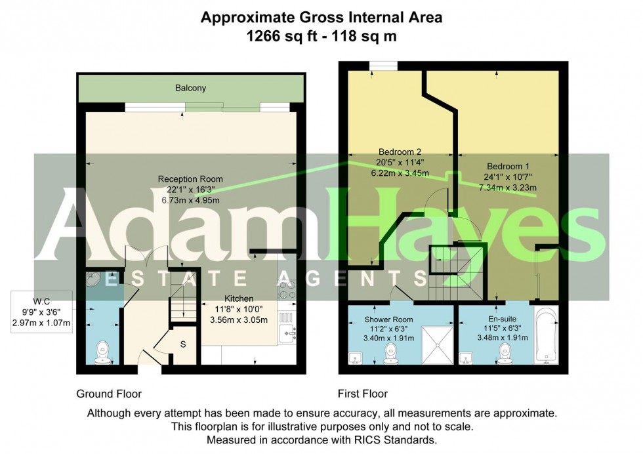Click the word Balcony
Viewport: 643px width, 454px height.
pyautogui.click(x=191, y=88)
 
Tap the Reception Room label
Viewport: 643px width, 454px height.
pyautogui.click(x=190, y=178)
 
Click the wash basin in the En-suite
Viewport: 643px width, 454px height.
pyautogui.click(x=467, y=358)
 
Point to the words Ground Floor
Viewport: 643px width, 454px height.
pyautogui.click(x=109, y=394)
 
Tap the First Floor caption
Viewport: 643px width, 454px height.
pyautogui.click(x=362, y=394)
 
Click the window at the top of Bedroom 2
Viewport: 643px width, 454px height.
pyautogui.click(x=383, y=64)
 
